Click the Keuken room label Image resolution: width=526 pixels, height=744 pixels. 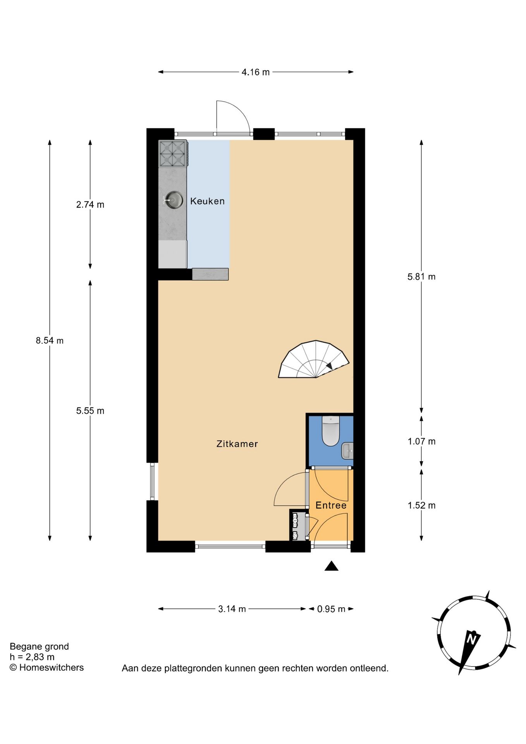point(207,201)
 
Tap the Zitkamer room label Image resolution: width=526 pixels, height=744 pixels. point(237,444)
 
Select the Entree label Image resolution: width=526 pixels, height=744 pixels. point(331,505)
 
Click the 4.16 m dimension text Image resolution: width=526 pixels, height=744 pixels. point(256,72)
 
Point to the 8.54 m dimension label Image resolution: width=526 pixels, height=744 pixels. point(50,341)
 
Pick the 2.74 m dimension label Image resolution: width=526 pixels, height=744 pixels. point(90,205)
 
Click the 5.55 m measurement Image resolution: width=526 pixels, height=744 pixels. point(90,411)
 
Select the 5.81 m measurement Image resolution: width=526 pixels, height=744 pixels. point(421,277)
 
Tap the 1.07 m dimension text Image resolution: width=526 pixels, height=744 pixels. point(421,441)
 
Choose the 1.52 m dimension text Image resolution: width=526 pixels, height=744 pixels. point(421,505)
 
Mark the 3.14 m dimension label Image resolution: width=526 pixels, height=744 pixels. point(232,609)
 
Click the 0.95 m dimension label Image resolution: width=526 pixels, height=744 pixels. point(331,609)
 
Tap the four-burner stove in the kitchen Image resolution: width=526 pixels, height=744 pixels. point(173,153)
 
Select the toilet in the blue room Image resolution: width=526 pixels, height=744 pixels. point(330,431)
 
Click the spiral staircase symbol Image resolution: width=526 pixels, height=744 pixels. point(314,359)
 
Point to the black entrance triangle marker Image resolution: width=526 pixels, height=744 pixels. point(332,566)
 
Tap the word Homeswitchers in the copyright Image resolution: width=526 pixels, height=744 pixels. point(52,667)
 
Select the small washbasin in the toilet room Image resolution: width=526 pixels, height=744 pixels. point(347,451)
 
